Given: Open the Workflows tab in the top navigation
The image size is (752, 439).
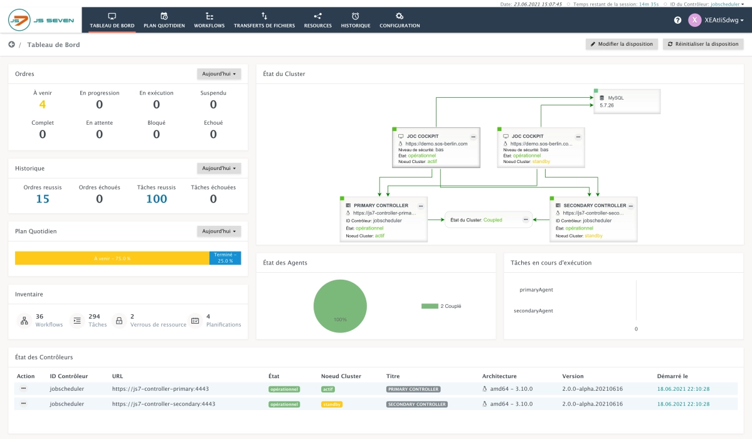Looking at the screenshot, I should coord(209,20).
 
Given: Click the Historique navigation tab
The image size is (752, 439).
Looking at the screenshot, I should coord(356,20).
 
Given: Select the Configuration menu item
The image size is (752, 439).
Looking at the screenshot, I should coord(400,20).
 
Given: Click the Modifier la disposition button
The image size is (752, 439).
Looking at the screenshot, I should coord(622,44).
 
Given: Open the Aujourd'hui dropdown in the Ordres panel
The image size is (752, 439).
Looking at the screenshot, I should coord(219,74).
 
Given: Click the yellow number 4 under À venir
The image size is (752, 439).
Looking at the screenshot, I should coord(43,105).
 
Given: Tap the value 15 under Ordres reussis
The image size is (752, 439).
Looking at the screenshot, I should coord(43,199).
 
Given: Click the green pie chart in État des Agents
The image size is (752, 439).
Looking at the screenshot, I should coord(339,306).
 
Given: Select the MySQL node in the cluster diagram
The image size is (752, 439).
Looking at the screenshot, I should coord(627,101).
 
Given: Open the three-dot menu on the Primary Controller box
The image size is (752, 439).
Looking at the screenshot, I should coord(421,205).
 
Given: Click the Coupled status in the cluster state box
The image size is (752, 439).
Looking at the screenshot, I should coord(492,219).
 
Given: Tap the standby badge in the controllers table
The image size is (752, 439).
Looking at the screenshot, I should coord(332,405).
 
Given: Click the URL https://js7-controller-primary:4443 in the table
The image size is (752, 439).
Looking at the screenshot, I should coord(163,388).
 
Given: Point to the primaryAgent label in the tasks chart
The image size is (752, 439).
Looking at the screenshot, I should coord(536,290).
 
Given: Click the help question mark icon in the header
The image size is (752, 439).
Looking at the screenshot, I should coord(677,20).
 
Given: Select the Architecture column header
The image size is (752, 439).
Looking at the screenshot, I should coord(499,376).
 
